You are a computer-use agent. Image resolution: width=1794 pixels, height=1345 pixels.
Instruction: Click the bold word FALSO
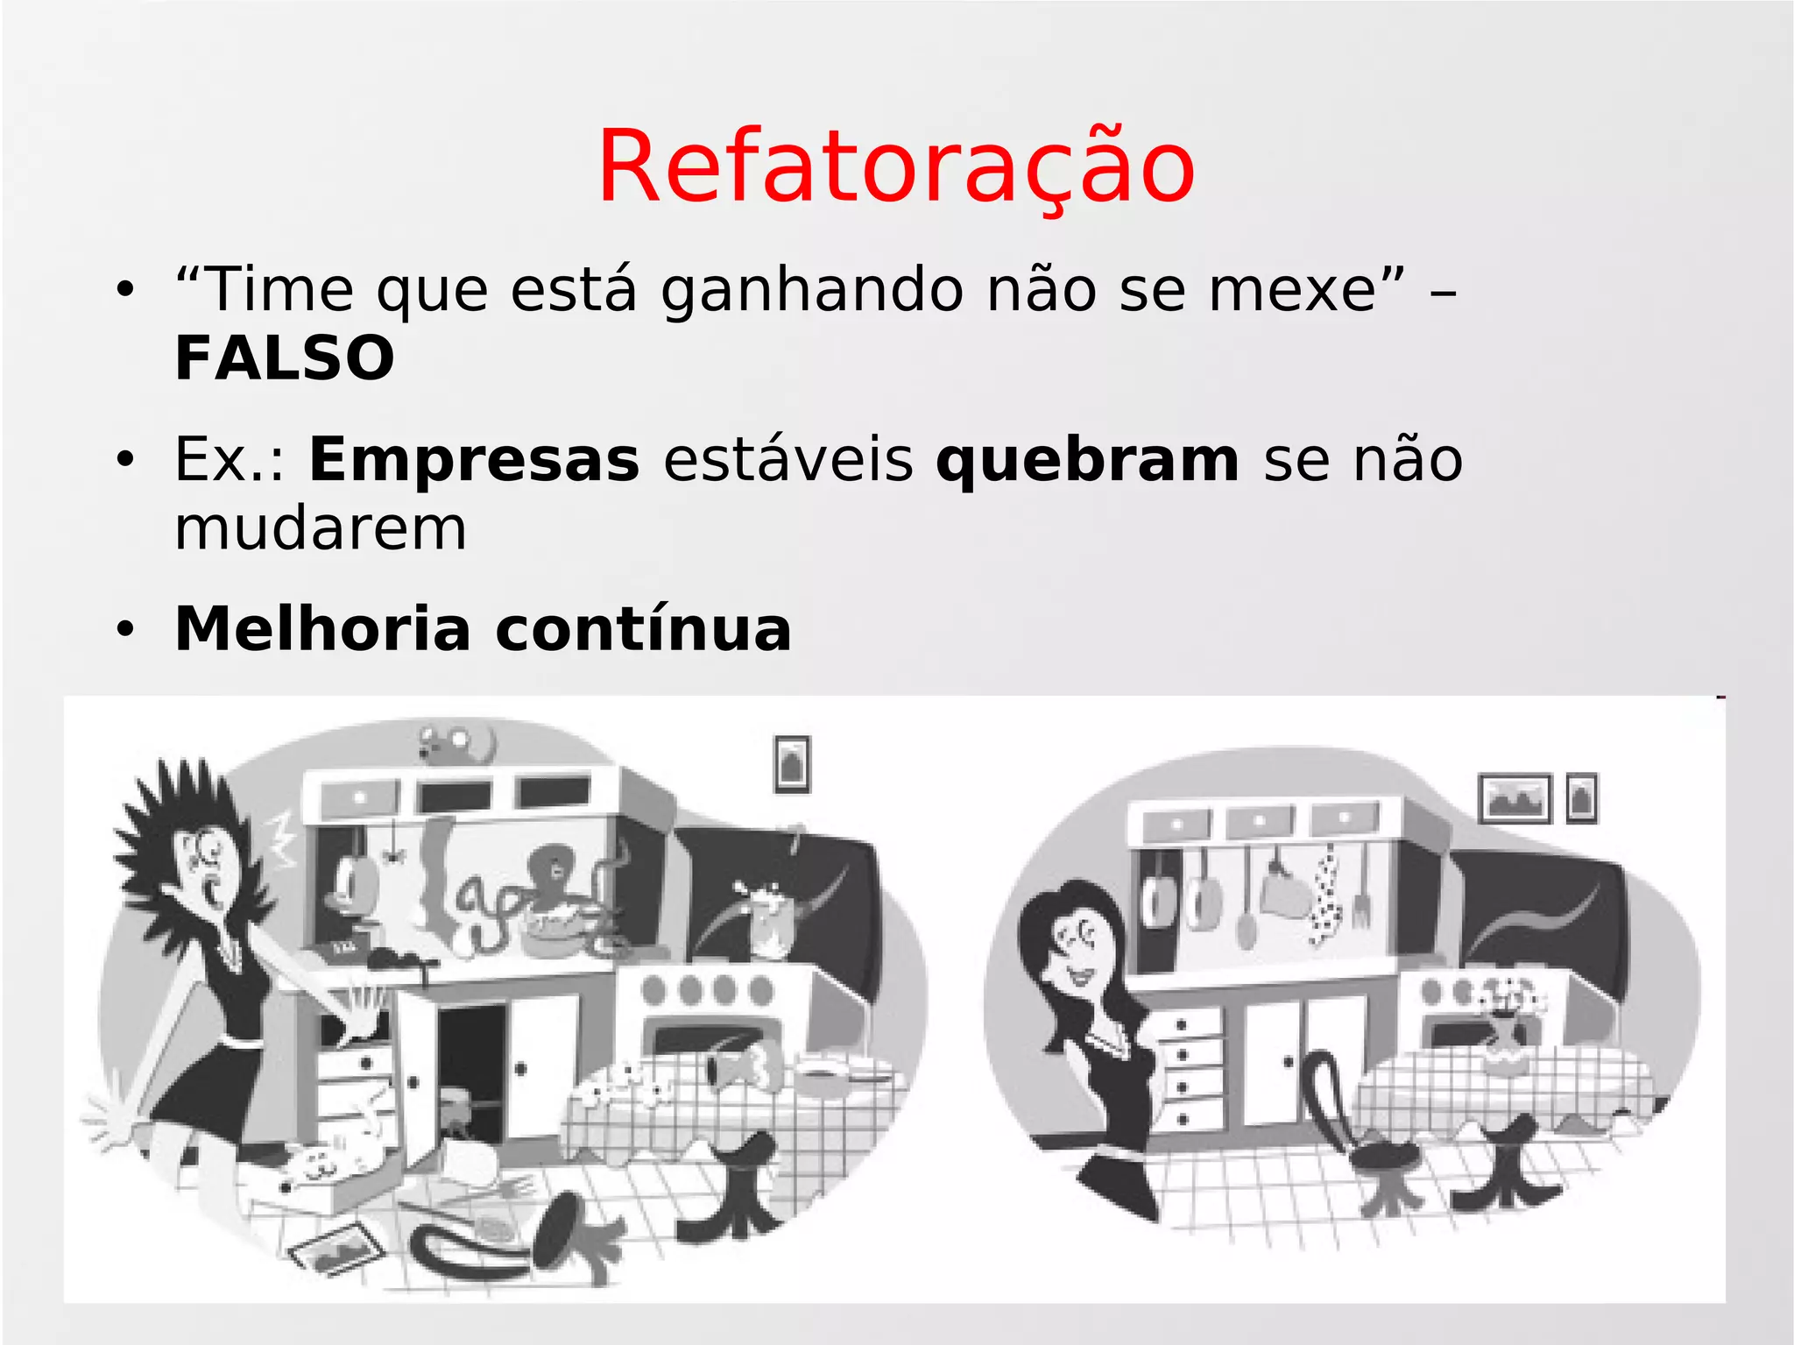285,358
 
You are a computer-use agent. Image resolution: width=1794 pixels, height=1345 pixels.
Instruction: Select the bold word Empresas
474,460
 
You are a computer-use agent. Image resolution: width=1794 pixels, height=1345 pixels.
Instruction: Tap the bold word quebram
1087,460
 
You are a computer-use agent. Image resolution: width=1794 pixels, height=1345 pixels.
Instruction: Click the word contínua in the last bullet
643,629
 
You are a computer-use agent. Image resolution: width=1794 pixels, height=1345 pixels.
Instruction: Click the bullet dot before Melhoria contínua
126,629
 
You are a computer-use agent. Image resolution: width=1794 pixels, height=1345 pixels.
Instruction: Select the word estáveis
788,460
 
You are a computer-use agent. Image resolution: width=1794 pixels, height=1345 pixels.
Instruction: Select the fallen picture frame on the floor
337,1245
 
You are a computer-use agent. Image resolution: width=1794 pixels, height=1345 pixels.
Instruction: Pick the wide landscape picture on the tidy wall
1514,798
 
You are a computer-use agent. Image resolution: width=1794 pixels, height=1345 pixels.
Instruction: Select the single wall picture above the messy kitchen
792,764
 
